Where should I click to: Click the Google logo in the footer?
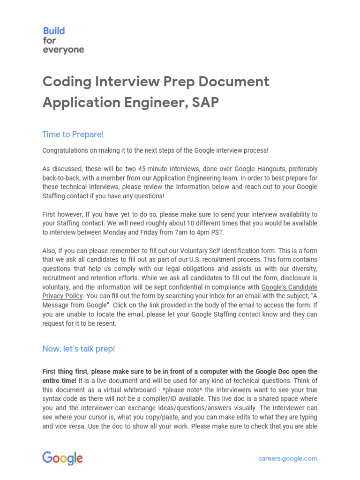coord(63,458)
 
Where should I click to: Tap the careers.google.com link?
coord(287,458)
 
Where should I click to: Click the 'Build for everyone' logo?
coord(63,40)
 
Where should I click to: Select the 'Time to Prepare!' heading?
coord(73,135)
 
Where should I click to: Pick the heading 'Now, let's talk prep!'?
coord(78,349)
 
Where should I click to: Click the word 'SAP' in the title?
coord(205,102)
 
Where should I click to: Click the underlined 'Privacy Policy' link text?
coord(62,296)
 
